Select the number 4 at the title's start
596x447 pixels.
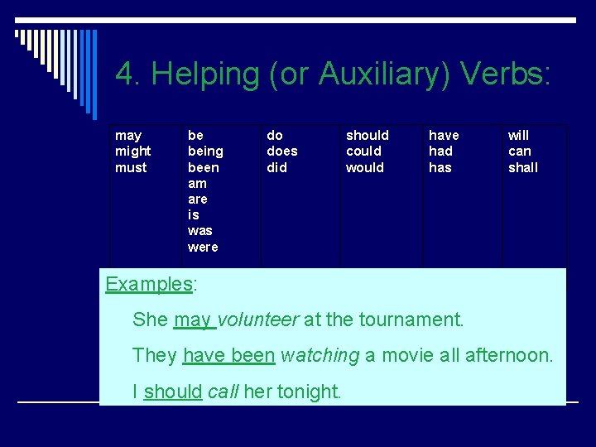pos(125,74)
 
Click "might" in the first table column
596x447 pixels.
pos(133,151)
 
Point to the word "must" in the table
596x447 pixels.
pos(131,167)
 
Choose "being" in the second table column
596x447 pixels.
pos(205,151)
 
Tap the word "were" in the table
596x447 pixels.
pos(203,248)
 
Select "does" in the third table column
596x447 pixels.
pos(281,151)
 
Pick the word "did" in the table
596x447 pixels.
pos(276,167)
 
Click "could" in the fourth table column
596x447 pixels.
pos(363,151)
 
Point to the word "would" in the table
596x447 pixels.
pos(365,167)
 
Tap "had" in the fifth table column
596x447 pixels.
pos(440,151)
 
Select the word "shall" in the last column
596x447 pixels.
pos(522,167)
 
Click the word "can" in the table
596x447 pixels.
pos(519,151)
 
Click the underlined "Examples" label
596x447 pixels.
pos(148,284)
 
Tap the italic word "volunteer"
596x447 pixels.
pos(257,320)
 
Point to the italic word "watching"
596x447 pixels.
pos(320,356)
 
